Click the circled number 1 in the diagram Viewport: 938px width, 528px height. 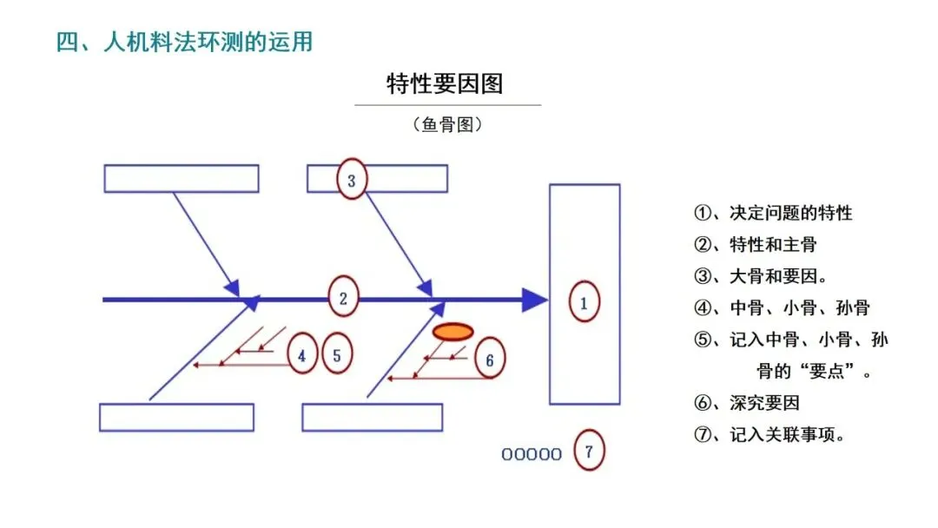point(584,302)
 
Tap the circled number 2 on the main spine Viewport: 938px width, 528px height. point(343,299)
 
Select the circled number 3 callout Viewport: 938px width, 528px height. point(352,181)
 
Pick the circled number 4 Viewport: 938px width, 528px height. point(301,355)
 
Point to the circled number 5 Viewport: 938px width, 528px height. point(337,354)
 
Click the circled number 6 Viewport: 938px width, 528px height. point(489,360)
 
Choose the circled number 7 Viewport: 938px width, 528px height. point(589,452)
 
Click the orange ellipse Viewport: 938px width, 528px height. point(452,332)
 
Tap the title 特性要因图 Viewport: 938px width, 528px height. point(445,84)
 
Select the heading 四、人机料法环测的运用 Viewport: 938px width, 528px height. point(184,42)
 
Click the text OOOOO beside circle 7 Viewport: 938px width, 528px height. point(532,454)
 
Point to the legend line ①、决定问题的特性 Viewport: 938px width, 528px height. point(773,213)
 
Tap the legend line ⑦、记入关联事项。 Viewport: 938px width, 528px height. point(770,435)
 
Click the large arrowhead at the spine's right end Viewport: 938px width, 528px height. point(534,300)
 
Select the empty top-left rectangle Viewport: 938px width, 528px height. point(182,178)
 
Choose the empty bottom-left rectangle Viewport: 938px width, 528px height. point(176,417)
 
